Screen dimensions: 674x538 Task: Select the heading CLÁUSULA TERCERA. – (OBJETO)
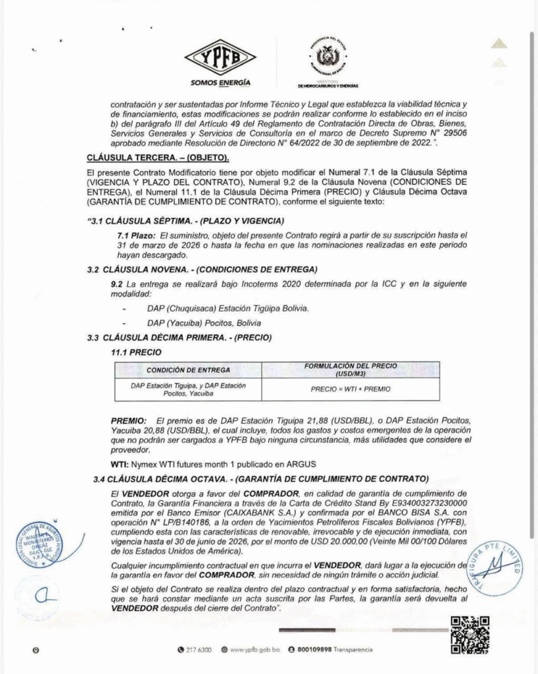(x=159, y=158)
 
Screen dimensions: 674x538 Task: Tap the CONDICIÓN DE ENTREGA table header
(x=188, y=369)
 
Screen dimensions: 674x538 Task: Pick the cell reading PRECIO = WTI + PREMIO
(x=350, y=388)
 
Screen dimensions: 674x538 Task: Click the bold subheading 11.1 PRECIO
(x=136, y=352)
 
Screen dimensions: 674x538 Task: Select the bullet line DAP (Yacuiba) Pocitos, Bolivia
(x=204, y=323)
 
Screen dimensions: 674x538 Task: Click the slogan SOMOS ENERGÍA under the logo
(x=220, y=83)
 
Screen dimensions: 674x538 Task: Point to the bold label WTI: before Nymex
(x=119, y=463)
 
